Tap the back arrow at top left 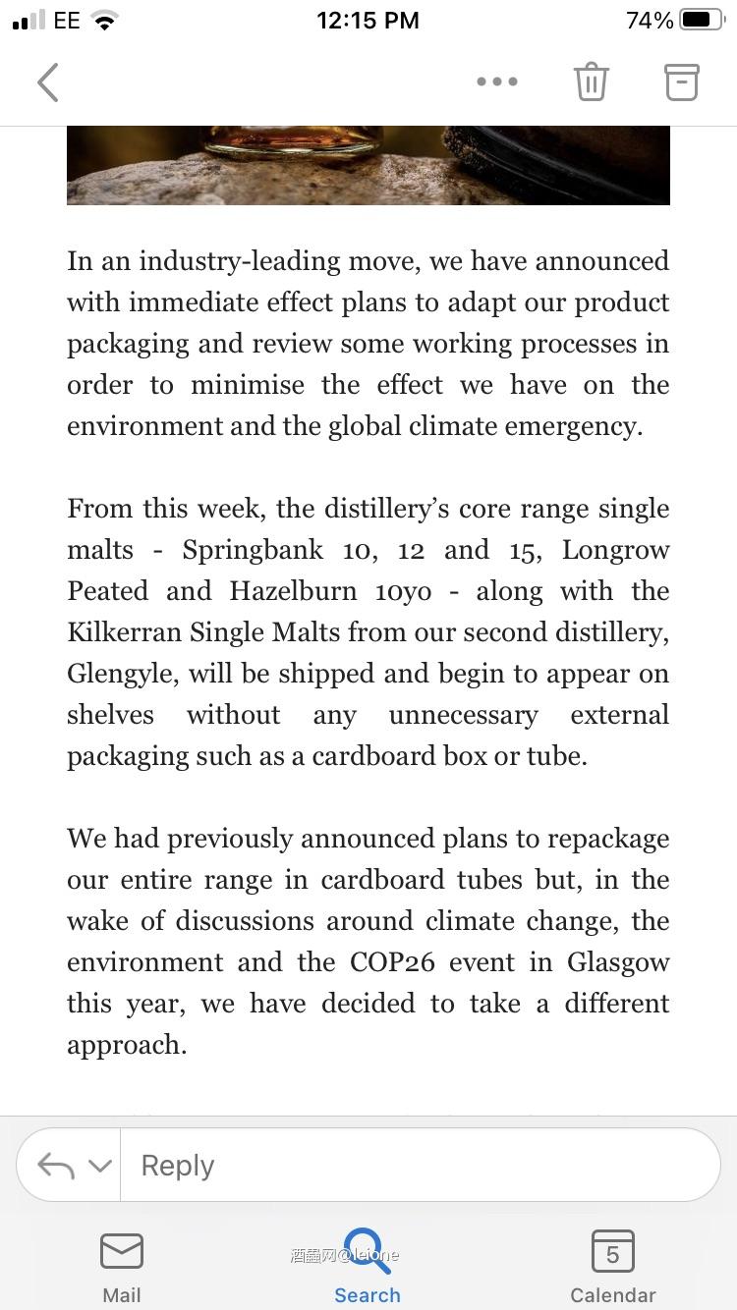click(48, 82)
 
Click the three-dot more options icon click(497, 82)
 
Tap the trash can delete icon click(592, 82)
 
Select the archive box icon click(681, 82)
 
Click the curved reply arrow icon click(56, 1166)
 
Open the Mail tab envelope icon click(122, 1252)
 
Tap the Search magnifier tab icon click(368, 1251)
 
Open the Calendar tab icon click(612, 1252)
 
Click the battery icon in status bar click(701, 20)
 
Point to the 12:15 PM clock click(368, 20)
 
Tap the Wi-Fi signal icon click(104, 21)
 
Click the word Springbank click(253, 550)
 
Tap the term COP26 click(392, 962)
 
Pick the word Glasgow click(618, 962)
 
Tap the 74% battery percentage click(650, 20)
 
